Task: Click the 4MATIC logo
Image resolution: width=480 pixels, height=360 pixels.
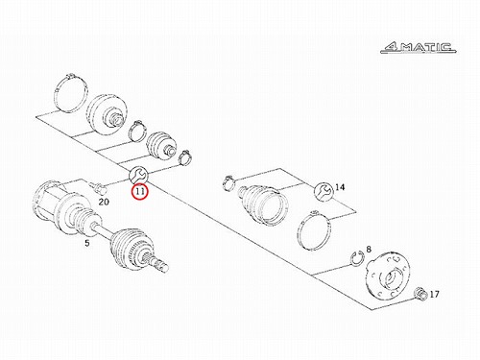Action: click(419, 47)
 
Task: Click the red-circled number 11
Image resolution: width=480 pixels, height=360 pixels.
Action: click(140, 192)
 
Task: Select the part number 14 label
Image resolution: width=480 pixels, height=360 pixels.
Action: click(340, 187)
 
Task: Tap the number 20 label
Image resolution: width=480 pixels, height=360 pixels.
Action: click(104, 202)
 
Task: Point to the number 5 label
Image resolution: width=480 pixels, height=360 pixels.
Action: click(87, 243)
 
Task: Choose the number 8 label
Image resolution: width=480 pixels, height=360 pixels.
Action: click(369, 249)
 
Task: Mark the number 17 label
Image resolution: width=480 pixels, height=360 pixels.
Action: click(434, 294)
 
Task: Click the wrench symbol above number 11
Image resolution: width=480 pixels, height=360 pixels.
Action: click(138, 175)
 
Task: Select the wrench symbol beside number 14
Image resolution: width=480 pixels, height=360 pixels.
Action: click(324, 191)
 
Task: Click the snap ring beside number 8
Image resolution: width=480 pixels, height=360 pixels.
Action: click(356, 258)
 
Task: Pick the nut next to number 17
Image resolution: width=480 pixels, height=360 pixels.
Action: click(420, 294)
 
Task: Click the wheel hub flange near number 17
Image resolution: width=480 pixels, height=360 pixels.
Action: click(388, 275)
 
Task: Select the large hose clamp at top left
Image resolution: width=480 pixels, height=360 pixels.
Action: click(70, 93)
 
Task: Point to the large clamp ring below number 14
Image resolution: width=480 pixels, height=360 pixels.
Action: click(314, 229)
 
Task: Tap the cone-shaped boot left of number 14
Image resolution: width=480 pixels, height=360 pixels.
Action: click(263, 204)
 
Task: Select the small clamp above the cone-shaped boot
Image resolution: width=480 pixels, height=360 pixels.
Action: click(228, 182)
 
